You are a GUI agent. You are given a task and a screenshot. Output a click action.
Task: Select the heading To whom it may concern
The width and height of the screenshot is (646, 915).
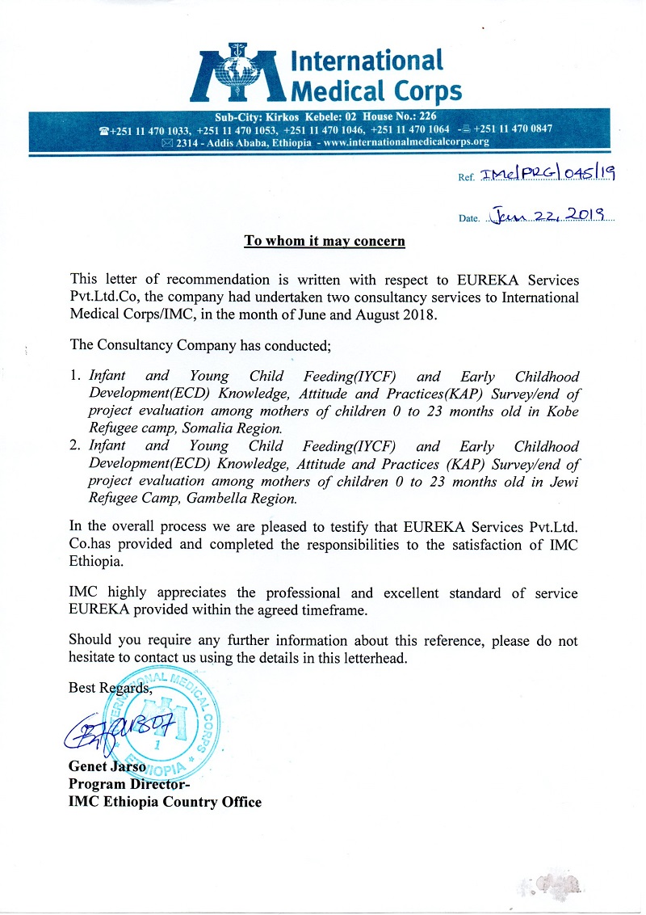click(x=325, y=241)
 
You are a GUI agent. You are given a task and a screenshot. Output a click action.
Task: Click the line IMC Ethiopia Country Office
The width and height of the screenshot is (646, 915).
click(x=166, y=802)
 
